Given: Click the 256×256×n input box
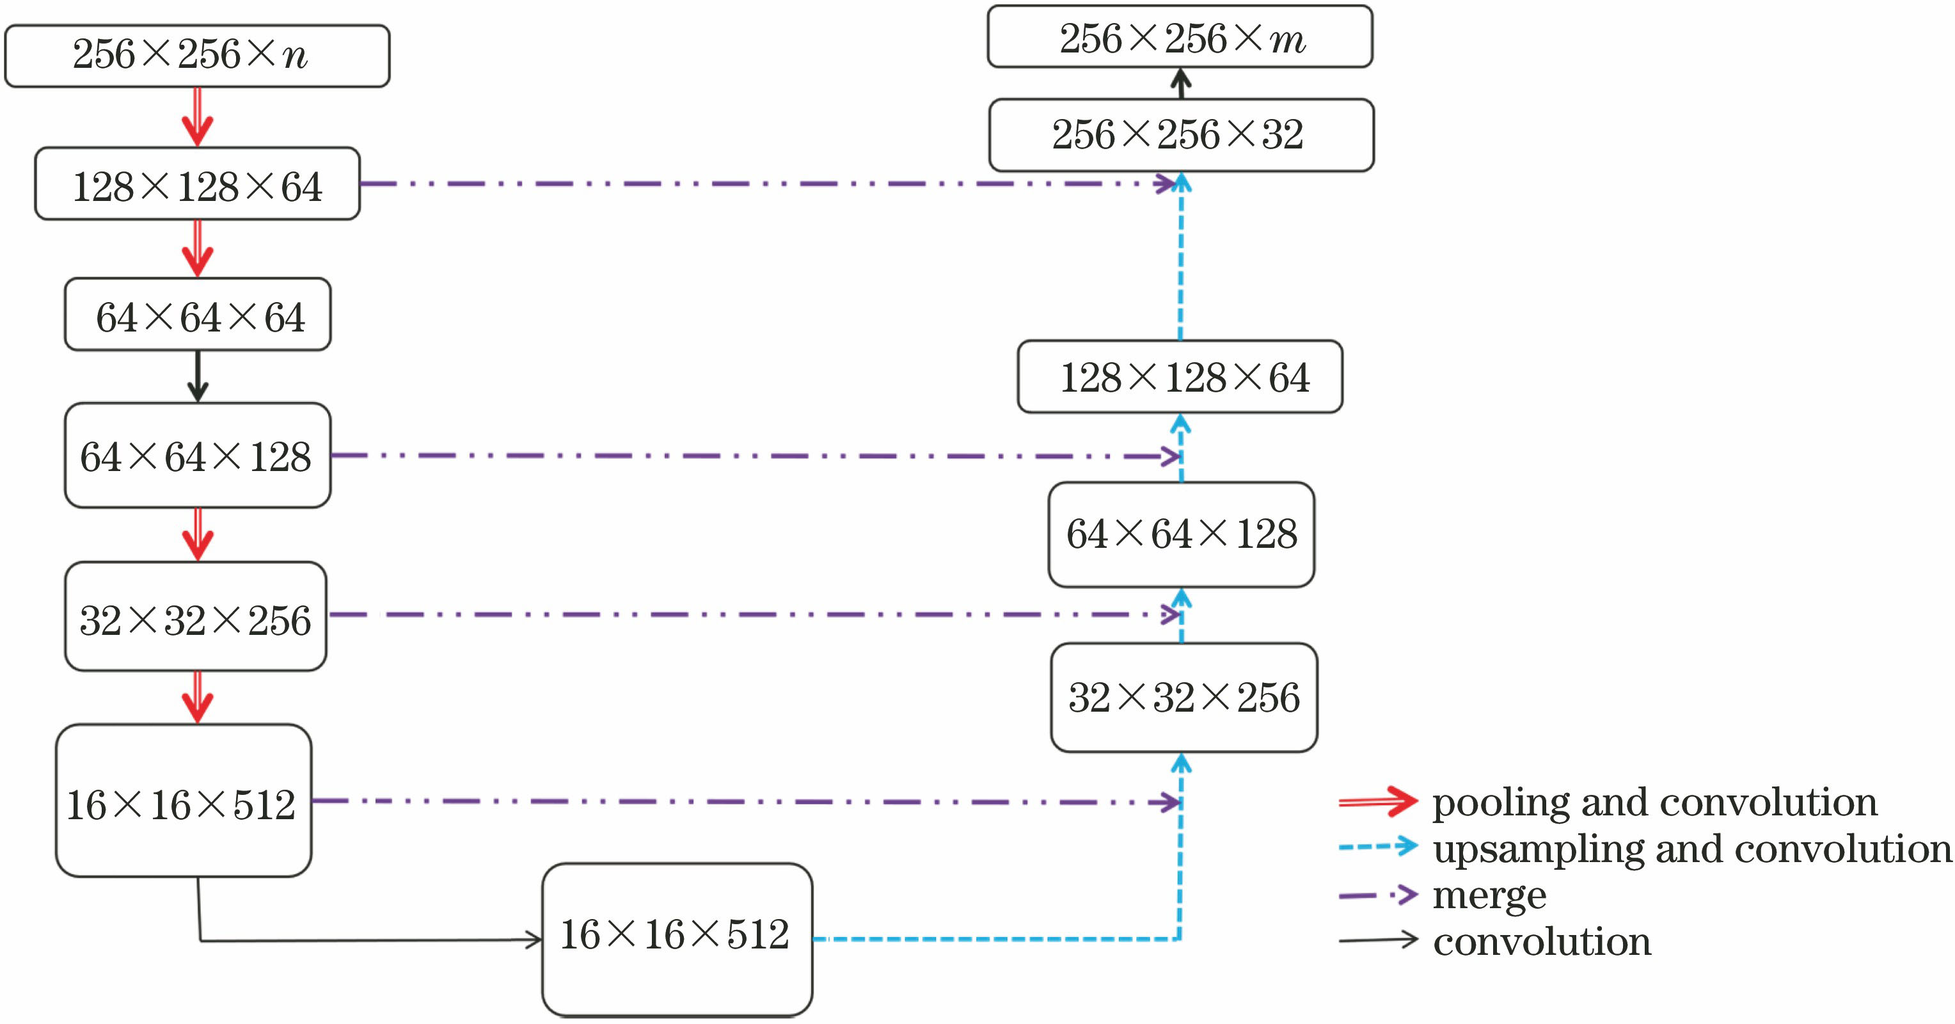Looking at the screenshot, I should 196,56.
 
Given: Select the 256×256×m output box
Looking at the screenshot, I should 1180,37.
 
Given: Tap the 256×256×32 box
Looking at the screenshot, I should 1181,134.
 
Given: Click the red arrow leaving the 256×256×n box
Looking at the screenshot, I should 197,117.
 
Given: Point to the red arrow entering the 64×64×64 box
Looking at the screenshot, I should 197,249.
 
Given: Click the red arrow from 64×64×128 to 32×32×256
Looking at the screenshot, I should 197,534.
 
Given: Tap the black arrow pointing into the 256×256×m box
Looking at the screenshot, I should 1180,83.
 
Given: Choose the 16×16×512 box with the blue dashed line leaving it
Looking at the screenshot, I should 677,939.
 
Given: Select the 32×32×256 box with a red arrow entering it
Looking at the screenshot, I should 196,616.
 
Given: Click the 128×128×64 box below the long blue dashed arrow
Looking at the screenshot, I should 1180,376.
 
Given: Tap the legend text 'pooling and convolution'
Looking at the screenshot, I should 1654,803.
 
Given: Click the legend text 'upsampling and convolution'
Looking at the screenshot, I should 1691,849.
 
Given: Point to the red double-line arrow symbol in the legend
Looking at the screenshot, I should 1377,801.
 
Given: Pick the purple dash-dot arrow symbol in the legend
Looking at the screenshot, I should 1377,895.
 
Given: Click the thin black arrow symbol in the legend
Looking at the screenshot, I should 1377,941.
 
